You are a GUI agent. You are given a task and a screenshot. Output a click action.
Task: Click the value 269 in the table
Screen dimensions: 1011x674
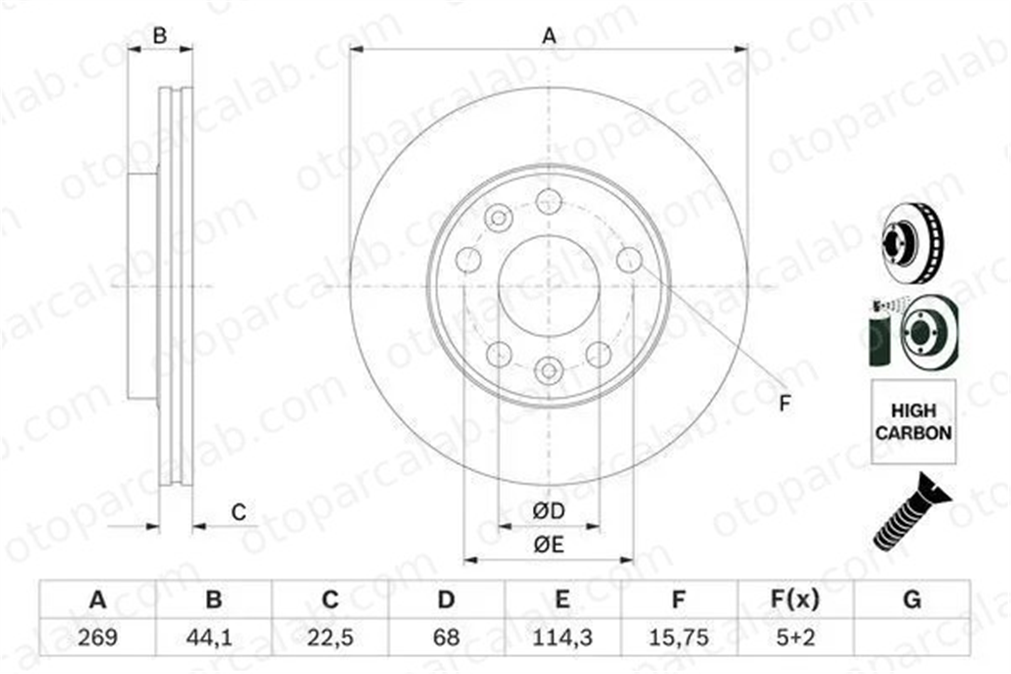(98, 638)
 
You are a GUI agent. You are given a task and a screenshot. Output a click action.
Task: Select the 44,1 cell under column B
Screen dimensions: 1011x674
(209, 638)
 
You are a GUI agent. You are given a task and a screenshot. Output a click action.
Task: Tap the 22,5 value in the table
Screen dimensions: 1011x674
(330, 638)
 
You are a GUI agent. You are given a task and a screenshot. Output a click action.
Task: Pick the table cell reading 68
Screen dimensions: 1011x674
(446, 638)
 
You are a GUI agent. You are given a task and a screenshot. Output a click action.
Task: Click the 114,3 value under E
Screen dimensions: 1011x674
(563, 638)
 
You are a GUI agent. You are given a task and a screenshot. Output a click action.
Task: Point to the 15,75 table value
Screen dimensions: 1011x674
(679, 638)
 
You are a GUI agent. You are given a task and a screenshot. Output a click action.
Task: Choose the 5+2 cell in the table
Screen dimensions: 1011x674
(796, 638)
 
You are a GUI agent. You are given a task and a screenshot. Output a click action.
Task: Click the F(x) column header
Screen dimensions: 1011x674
(795, 600)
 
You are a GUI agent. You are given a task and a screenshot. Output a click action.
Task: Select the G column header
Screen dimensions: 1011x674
(912, 600)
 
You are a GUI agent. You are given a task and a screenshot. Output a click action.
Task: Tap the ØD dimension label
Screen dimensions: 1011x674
(549, 511)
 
